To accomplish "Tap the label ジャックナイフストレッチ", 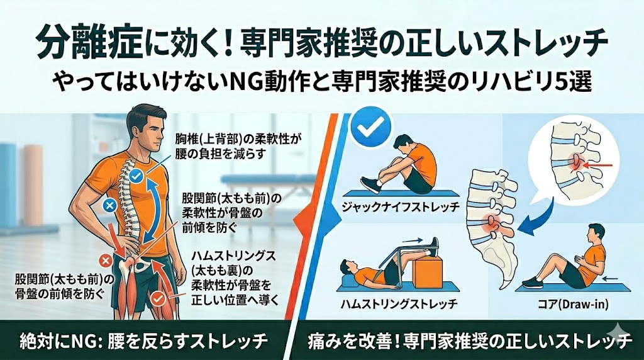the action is click(x=401, y=206).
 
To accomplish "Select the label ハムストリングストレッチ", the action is click(x=399, y=304).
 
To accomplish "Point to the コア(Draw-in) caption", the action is click(x=574, y=305).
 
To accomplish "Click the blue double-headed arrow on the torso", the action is click(x=151, y=208).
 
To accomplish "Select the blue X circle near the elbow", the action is click(x=109, y=206).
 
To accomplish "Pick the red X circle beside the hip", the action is click(x=106, y=260).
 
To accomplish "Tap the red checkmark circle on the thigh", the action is click(x=157, y=299).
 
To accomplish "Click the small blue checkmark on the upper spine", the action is click(x=136, y=176).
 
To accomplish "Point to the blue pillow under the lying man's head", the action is click(x=350, y=280).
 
